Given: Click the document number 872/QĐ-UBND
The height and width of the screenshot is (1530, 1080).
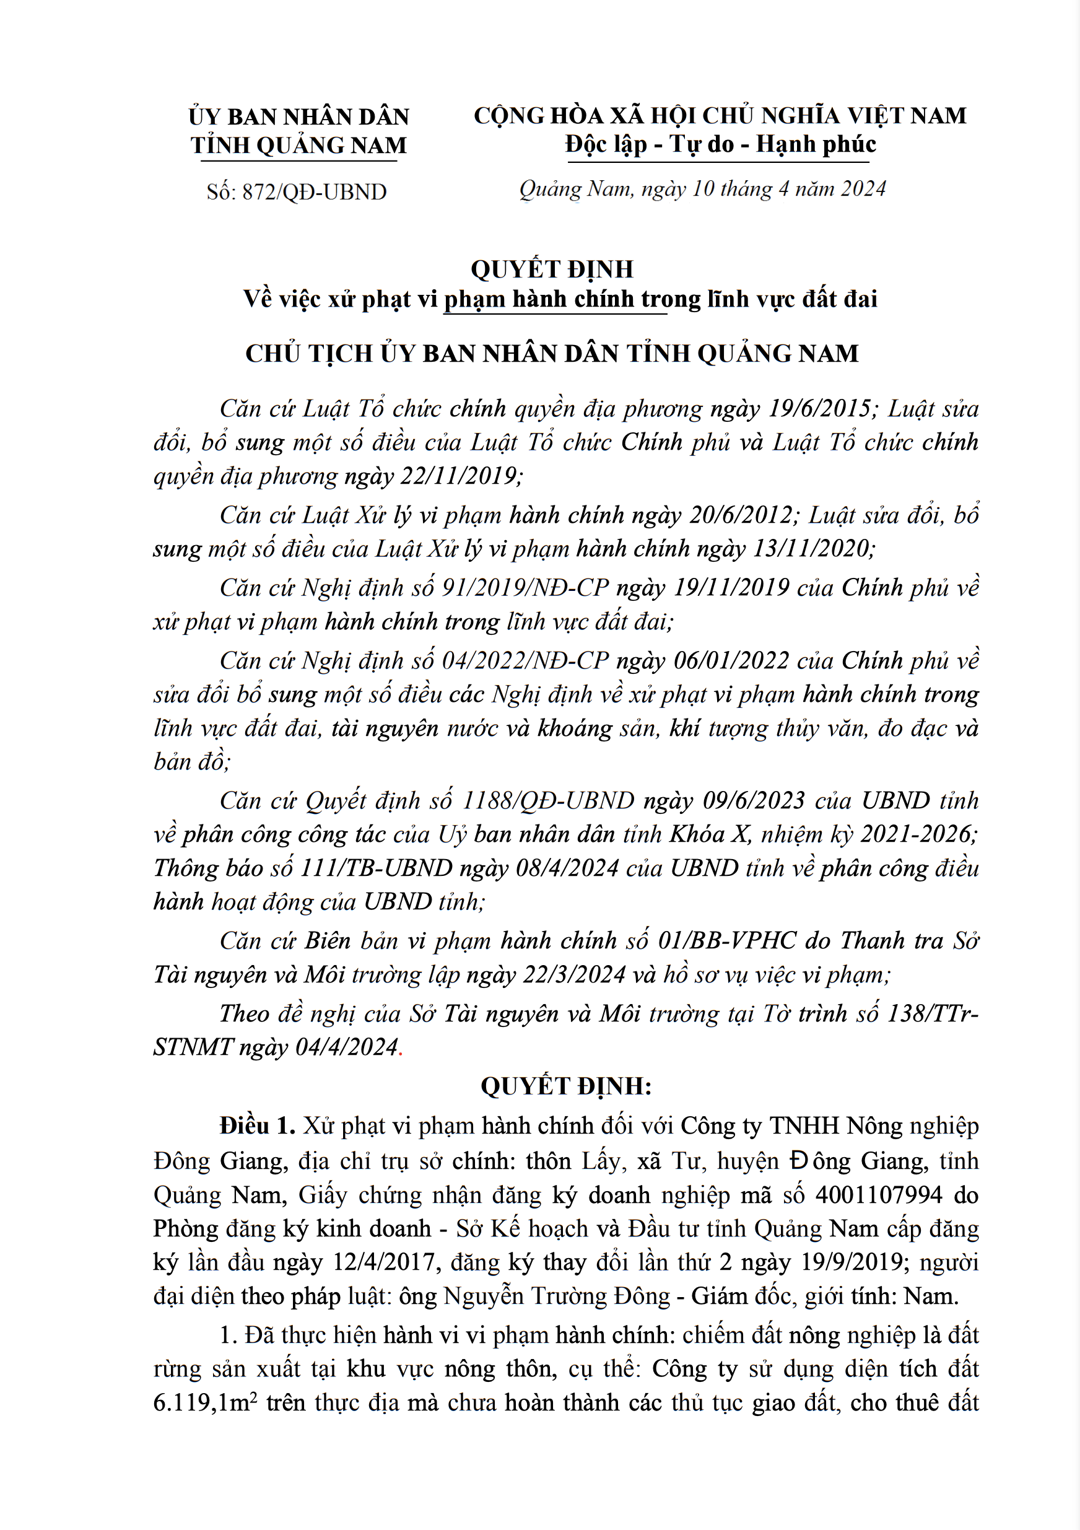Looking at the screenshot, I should (x=314, y=192).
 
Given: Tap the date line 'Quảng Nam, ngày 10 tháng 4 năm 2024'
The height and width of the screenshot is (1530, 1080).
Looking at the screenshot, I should (x=702, y=190).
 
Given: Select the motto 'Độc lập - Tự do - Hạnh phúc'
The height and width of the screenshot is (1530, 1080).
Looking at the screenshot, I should (x=720, y=144).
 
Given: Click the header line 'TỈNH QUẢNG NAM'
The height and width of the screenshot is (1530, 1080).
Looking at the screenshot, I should (x=298, y=146).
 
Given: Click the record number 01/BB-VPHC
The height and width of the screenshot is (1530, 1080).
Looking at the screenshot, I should (x=727, y=940).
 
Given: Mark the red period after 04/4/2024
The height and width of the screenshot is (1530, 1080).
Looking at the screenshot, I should (x=401, y=1047).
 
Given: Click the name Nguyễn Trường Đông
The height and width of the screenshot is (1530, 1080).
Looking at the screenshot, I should (x=557, y=1296).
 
